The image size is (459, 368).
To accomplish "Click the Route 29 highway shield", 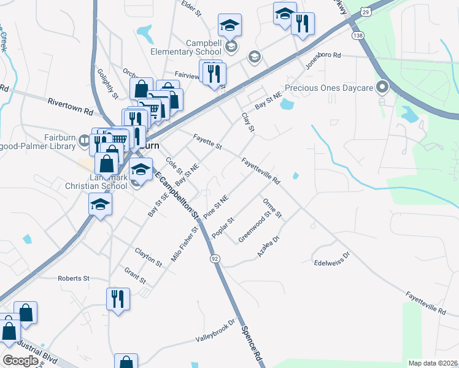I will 366,12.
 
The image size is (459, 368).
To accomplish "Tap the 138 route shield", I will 358,36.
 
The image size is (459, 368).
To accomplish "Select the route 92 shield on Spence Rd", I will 214,259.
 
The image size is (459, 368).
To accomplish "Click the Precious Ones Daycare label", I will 329,88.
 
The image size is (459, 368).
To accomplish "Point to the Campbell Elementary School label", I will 187,48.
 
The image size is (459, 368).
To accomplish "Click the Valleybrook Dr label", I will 215,331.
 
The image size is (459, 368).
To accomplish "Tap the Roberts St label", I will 74,278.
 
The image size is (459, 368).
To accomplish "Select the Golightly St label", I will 107,83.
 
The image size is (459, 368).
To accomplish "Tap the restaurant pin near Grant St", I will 117,299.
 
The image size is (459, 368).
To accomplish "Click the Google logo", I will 20,361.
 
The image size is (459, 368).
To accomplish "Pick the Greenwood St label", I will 255,227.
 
